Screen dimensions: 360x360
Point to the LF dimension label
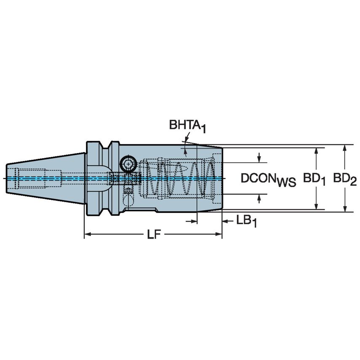154,235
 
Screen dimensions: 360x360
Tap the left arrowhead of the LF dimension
87,234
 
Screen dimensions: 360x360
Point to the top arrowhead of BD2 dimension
345,148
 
